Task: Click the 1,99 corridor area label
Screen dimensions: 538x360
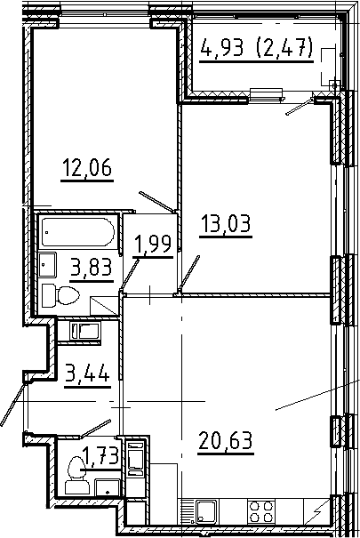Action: point(151,243)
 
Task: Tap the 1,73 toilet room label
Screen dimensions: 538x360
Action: point(100,460)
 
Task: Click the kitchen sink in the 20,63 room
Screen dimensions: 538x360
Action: point(207,513)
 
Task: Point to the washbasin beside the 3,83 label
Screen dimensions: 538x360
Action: point(48,264)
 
